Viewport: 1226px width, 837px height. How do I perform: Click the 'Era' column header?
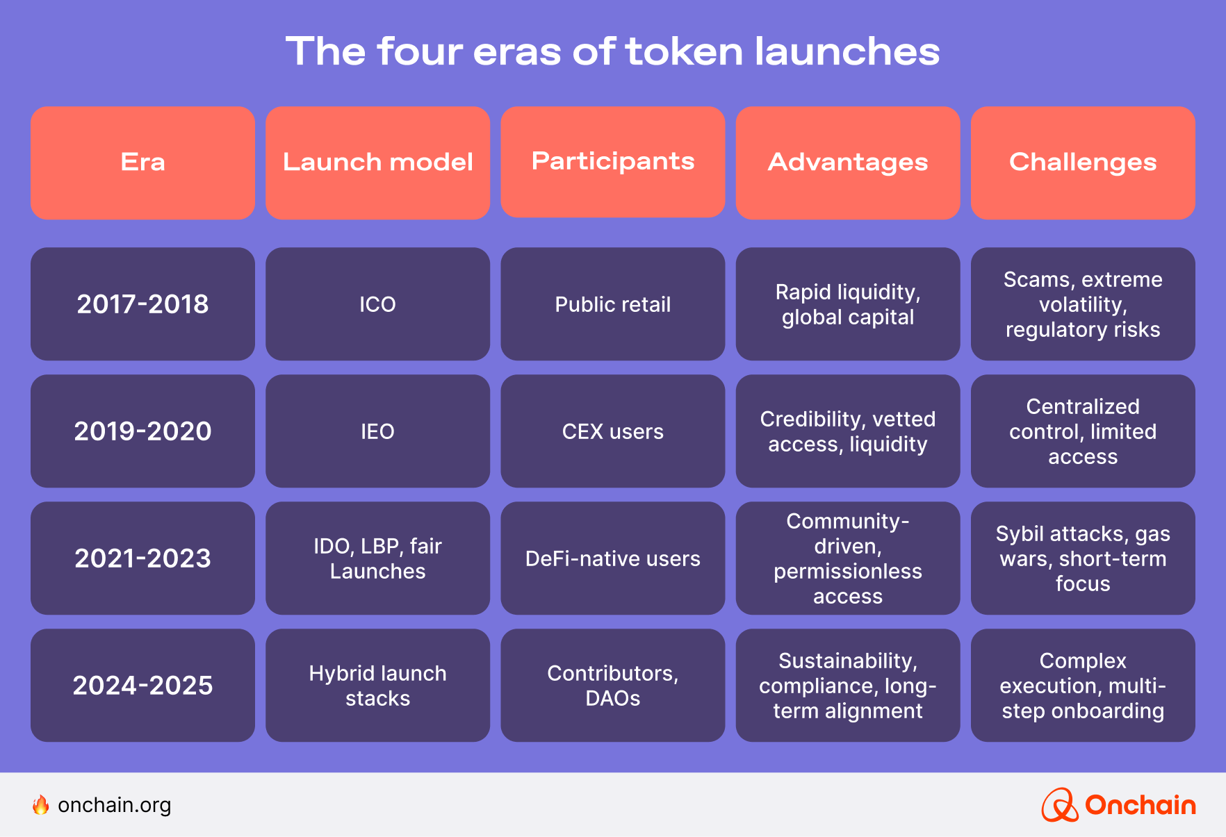pos(142,163)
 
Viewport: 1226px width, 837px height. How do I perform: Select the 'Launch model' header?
pos(377,163)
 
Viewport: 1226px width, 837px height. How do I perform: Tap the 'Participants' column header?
pos(612,162)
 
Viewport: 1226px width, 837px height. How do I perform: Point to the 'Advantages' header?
pos(847,163)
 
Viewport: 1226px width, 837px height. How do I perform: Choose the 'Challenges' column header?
pos(1083,163)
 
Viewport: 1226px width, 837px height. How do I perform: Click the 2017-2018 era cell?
pos(142,304)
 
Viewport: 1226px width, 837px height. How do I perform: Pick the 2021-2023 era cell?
pos(142,558)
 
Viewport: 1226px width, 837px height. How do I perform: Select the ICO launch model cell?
pos(377,304)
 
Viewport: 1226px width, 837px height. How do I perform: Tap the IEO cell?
pos(377,431)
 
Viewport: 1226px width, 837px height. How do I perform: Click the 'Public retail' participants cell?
pos(612,304)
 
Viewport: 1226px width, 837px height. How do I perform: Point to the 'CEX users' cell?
pos(612,431)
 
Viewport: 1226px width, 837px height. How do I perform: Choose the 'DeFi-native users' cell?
pos(612,558)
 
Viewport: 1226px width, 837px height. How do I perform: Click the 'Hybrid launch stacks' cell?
pos(377,685)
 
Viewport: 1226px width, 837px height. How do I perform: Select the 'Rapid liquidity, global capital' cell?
pos(847,304)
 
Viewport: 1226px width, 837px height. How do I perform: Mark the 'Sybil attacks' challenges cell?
pos(1083,558)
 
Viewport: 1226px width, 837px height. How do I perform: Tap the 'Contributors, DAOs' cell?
pos(612,685)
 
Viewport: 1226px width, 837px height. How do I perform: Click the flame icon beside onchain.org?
pos(41,804)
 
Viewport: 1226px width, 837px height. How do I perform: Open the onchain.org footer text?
pos(114,805)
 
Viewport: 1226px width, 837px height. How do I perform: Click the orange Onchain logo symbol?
pos(1059,805)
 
